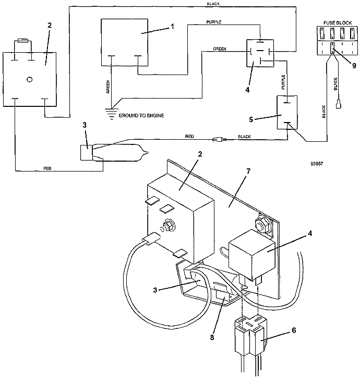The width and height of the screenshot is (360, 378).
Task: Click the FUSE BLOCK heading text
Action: tap(338, 22)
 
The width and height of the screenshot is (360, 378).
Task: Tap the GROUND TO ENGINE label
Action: tap(141, 115)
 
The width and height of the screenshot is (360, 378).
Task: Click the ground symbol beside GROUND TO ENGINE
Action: tap(111, 114)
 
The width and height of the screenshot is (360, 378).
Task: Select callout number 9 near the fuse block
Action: tap(354, 66)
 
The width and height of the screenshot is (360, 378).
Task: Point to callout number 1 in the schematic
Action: tap(172, 27)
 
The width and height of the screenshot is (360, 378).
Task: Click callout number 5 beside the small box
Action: tap(251, 119)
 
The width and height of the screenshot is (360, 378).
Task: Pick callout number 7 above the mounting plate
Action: tap(248, 171)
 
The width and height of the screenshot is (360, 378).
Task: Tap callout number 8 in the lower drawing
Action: tap(212, 337)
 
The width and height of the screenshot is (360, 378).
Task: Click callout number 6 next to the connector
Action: tap(294, 330)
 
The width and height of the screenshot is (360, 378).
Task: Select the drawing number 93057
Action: tap(317, 164)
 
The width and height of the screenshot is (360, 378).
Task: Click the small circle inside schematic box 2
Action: tap(30, 79)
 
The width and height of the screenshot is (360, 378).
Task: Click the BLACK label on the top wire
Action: tap(213, 4)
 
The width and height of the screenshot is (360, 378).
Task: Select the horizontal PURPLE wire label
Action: tap(214, 22)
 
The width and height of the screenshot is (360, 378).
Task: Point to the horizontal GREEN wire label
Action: tap(220, 48)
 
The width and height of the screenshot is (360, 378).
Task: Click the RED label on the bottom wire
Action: tap(47, 168)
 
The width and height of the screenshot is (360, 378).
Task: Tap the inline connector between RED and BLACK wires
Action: tap(219, 139)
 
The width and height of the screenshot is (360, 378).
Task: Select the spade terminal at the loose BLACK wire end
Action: tap(339, 105)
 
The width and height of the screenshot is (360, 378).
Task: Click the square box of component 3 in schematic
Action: tap(86, 152)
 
